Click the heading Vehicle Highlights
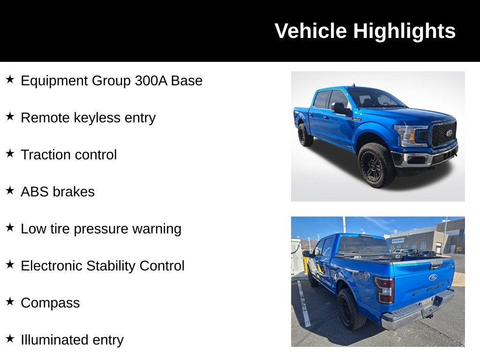(x=365, y=31)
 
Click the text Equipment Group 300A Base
(x=112, y=81)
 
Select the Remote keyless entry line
(x=88, y=118)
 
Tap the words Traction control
(x=68, y=155)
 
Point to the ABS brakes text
(x=58, y=192)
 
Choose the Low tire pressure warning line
(x=101, y=229)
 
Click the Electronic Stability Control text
(x=103, y=266)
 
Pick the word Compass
(x=50, y=303)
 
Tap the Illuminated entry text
(x=72, y=340)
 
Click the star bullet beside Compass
(x=10, y=301)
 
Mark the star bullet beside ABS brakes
(x=10, y=190)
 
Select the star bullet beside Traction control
(x=10, y=153)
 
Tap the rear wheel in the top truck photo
(x=305, y=135)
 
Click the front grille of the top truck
(x=444, y=133)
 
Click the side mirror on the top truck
(x=338, y=108)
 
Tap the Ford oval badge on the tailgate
(x=433, y=277)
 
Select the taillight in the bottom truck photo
(x=384, y=289)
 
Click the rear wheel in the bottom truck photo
(x=351, y=309)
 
